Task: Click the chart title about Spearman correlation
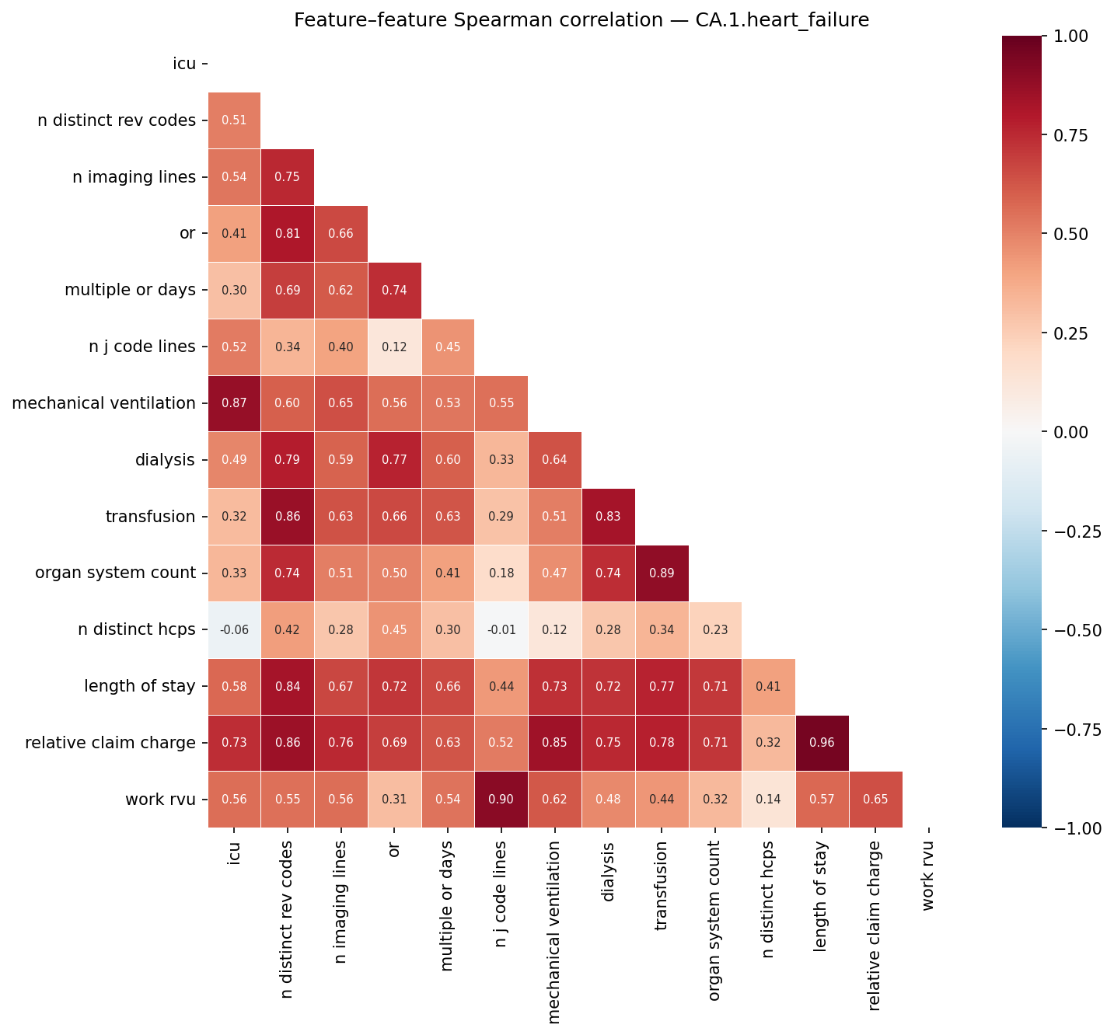581,20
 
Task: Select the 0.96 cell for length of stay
822,743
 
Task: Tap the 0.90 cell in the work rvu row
501,800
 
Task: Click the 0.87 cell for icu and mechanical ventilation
234,403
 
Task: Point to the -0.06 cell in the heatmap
234,630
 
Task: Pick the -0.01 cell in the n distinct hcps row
501,630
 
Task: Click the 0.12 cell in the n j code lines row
394,347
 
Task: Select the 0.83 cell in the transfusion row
609,517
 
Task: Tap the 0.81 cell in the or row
288,233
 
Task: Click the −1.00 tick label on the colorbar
1074,828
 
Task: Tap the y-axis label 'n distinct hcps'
137,630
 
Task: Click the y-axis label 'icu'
184,64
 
